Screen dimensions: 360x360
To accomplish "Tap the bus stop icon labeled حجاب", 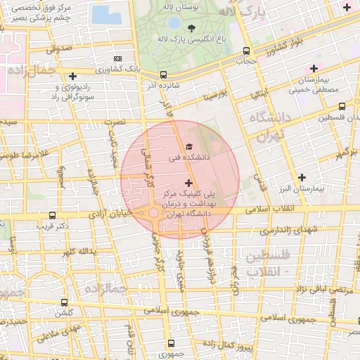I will point(245,51).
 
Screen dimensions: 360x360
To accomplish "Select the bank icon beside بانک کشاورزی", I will point(117,58).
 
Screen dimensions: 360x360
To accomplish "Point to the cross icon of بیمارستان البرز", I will point(302,177).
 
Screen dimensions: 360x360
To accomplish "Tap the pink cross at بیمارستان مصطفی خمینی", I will point(314,67).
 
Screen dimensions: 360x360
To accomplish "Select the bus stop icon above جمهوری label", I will point(171,335).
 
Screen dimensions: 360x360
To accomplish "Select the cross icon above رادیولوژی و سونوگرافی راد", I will point(72,76).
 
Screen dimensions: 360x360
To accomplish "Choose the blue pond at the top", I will point(107,13).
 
